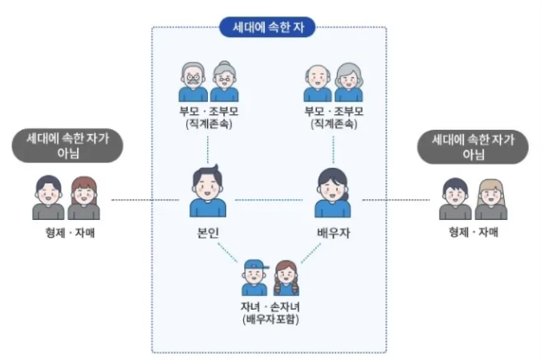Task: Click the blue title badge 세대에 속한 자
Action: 268,27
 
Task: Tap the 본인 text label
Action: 208,233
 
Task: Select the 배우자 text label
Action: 333,233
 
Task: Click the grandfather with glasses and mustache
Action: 193,82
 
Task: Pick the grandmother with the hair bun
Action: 224,82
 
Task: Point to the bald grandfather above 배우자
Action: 318,83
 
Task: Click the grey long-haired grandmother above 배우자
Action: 349,82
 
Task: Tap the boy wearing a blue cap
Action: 255,278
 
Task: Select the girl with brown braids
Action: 286,279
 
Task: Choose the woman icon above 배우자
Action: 332,193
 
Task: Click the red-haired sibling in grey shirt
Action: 84,198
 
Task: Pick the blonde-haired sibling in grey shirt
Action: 491,199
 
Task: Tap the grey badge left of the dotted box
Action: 68,145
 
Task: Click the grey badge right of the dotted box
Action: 473,147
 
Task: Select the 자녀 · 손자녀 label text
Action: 270,306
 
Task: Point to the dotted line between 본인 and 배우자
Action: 269,200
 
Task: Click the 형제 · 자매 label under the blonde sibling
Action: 474,232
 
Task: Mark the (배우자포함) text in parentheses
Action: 271,319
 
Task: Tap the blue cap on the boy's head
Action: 256,265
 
